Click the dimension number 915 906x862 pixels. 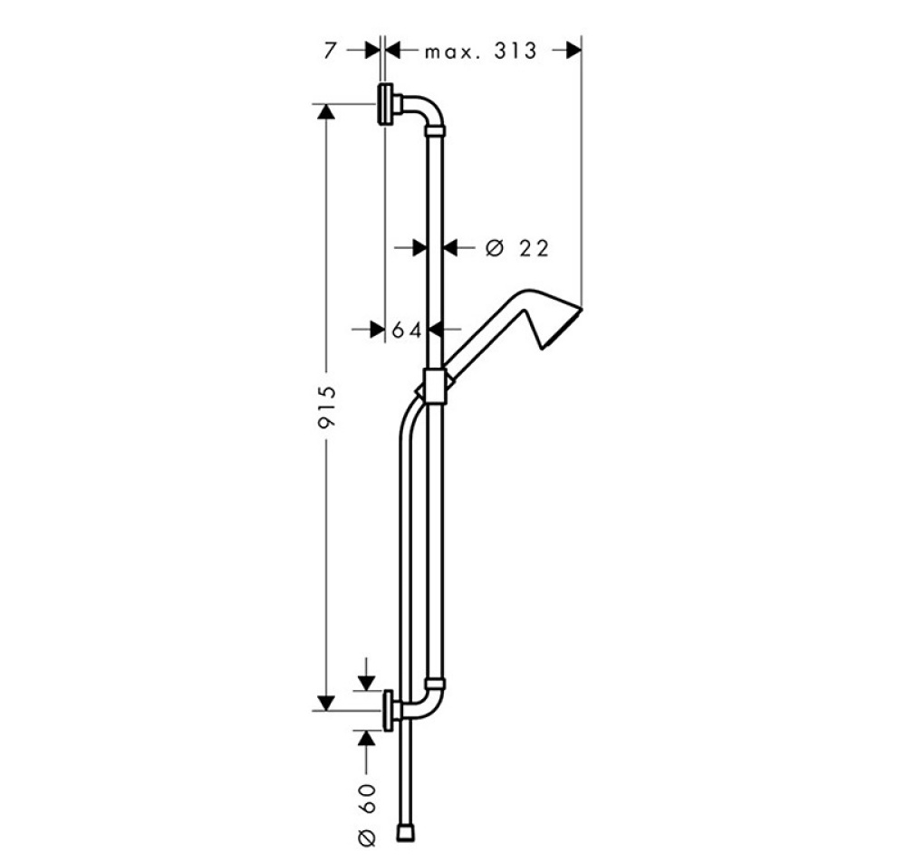point(327,407)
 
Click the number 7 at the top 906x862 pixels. point(330,51)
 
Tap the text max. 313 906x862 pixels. point(481,51)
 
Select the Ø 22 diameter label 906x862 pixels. point(516,248)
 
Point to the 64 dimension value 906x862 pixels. point(407,330)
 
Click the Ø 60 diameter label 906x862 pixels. point(367,815)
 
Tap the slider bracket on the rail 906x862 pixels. point(435,387)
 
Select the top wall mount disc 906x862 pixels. point(385,104)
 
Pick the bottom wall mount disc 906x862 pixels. point(389,711)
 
